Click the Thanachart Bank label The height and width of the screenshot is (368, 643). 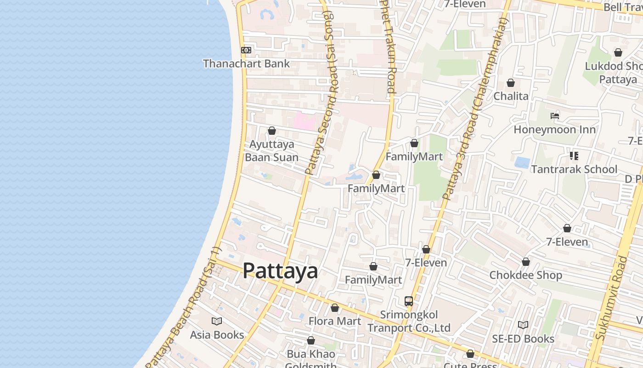tap(246, 63)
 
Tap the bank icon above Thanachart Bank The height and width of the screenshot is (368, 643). tap(246, 50)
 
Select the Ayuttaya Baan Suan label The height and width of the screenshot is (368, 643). tap(271, 151)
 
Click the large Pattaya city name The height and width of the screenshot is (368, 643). tap(280, 271)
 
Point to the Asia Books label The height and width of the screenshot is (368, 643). tap(217, 334)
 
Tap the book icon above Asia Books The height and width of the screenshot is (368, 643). tap(217, 321)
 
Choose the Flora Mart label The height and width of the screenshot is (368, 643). tap(335, 321)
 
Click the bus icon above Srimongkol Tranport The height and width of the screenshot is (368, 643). tap(409, 301)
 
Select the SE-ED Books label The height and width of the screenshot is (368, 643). tap(523, 339)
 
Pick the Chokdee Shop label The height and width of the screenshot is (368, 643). tap(525, 275)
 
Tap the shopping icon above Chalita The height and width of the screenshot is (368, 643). tap(511, 83)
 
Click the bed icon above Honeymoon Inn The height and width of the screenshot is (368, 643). tap(555, 116)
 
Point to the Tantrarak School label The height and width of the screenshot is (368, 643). tap(574, 169)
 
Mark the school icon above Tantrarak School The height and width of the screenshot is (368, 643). tap(574, 156)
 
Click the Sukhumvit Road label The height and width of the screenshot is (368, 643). tap(611, 299)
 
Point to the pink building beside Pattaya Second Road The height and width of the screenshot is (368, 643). tap(305, 121)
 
